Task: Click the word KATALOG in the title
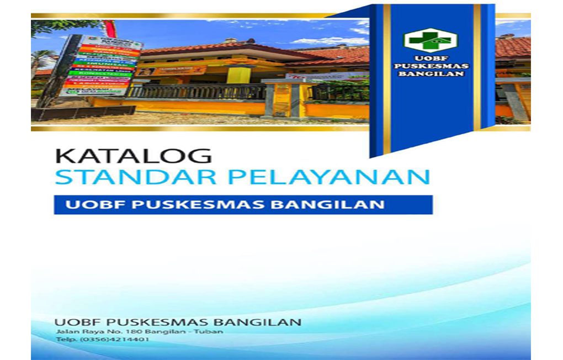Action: point(133,156)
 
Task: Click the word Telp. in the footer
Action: point(66,340)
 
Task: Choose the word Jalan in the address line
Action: point(66,331)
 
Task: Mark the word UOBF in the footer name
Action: point(75,321)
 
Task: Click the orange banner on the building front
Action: point(172,71)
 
